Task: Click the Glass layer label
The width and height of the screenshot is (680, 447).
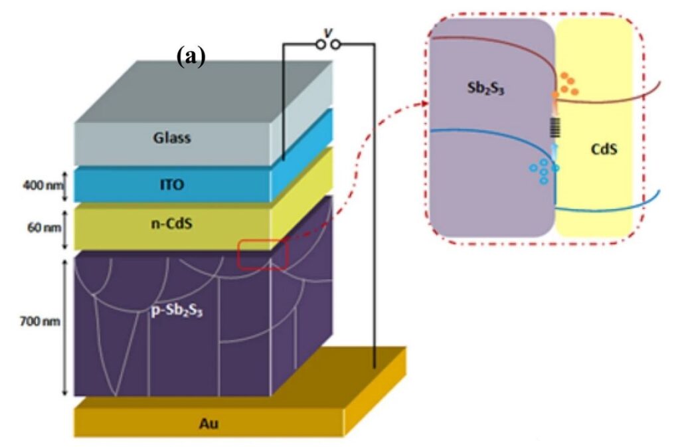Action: (x=172, y=138)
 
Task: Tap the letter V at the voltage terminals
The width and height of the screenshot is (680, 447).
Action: (x=327, y=32)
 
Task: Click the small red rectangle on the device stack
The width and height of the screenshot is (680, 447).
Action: (x=262, y=254)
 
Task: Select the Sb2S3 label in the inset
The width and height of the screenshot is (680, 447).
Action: (x=485, y=86)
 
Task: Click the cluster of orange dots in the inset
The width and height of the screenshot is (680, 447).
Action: (x=567, y=84)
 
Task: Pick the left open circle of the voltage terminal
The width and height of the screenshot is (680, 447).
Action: (x=320, y=45)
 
